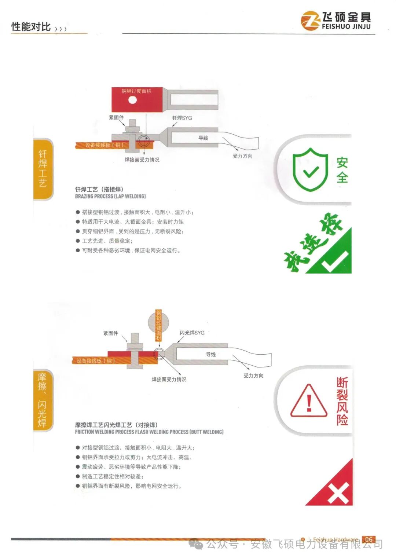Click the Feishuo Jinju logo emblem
coord(310,21)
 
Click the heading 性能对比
coord(31,26)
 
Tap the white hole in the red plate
coord(132,100)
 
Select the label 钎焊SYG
coord(182,118)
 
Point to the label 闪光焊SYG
coord(192,333)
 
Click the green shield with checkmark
coord(310,170)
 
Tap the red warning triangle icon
coord(309,401)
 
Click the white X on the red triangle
coord(338,493)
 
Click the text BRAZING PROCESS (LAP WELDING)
coord(110,196)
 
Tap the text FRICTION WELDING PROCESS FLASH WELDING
coord(132,432)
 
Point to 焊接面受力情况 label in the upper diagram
coord(142,160)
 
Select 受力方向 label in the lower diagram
coord(253,376)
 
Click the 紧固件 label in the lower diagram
coord(110,333)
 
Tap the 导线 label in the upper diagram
coord(203,138)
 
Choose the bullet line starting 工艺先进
coord(104,241)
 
